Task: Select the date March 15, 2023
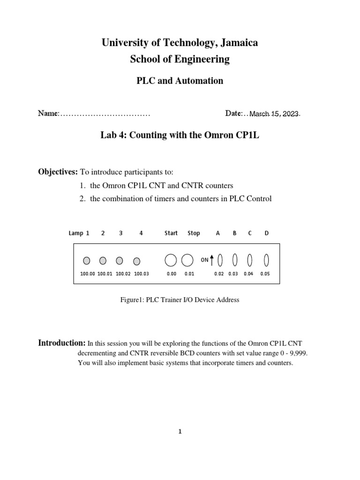[x=274, y=114]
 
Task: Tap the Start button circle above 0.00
[x=171, y=260]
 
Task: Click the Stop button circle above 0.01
[x=187, y=260]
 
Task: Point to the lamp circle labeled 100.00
[x=87, y=261]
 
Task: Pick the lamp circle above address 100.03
[x=137, y=261]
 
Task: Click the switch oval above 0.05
[x=266, y=260]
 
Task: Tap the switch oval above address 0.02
[x=220, y=260]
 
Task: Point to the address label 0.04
[x=248, y=274]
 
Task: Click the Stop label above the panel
[x=194, y=233]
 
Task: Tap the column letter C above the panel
[x=250, y=233]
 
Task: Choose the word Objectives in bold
[x=58, y=172]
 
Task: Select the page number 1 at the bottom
[x=179, y=432]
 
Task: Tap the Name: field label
[x=48, y=113]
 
